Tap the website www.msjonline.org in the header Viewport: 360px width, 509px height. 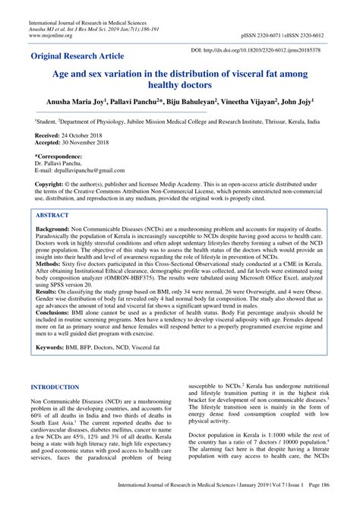coord(51,34)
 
